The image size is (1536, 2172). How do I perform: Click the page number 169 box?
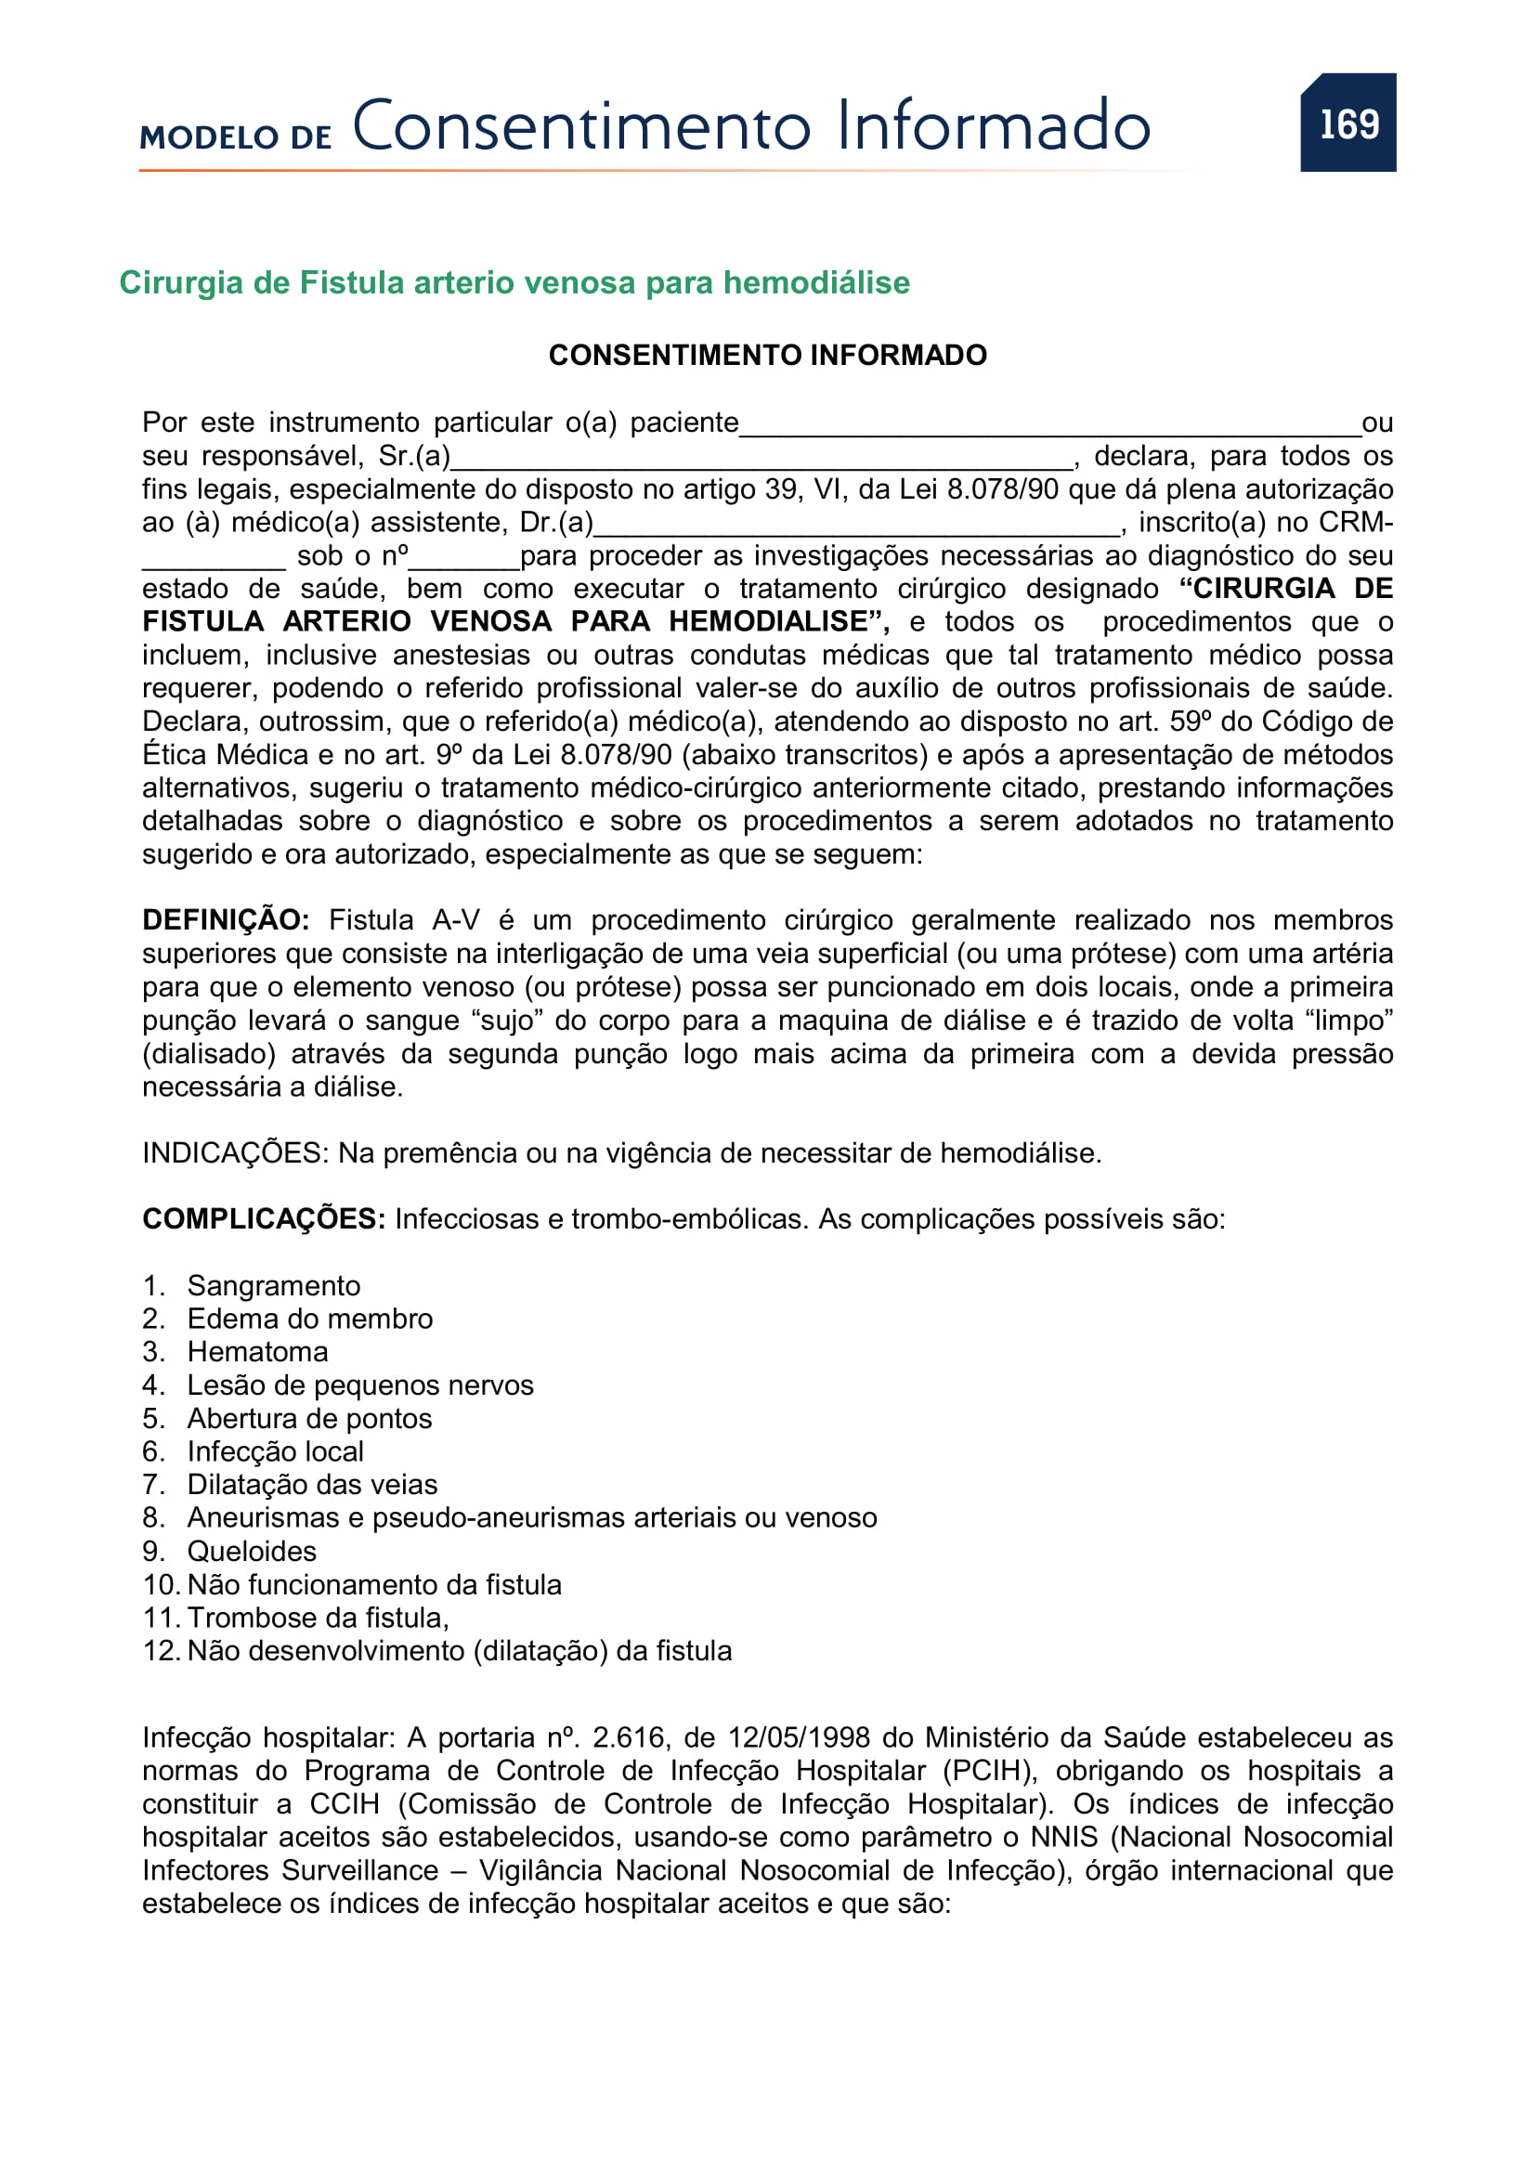1347,123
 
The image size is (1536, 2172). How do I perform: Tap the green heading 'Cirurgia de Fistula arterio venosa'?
514,283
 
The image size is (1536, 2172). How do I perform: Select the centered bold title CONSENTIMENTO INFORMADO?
767,355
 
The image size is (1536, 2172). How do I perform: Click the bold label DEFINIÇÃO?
225,919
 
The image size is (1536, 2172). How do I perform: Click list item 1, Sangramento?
273,1285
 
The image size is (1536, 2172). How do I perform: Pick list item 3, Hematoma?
257,1352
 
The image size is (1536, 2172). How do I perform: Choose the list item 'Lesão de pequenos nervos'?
360,1385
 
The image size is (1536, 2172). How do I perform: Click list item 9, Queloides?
252,1552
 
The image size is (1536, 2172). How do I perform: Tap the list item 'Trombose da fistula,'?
318,1618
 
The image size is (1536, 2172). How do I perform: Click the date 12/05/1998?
799,1737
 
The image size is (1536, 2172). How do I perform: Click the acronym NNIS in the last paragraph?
1063,1837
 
